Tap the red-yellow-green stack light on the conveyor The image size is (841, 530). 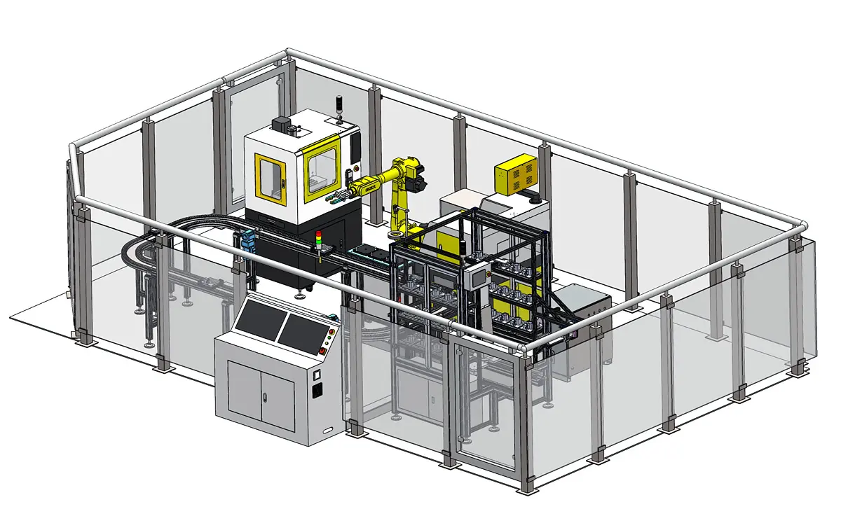(320, 239)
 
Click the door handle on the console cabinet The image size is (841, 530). (264, 398)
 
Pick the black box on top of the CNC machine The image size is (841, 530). (282, 125)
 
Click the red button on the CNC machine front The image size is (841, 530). (355, 168)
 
